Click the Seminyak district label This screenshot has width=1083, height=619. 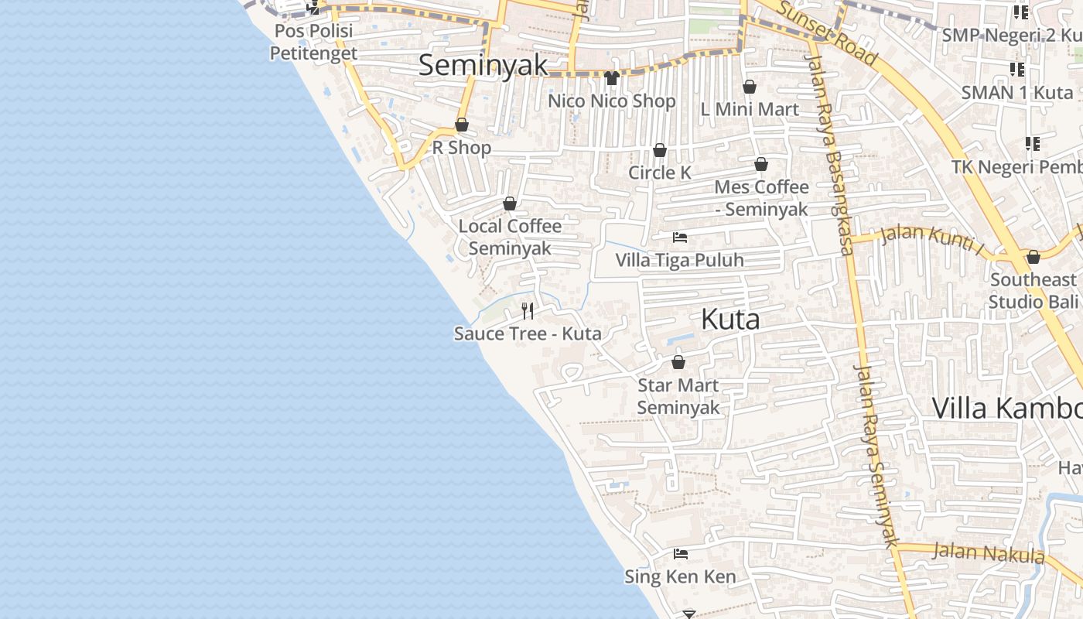tap(483, 65)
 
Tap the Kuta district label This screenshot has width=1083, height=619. tap(730, 319)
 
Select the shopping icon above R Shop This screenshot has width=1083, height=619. tap(462, 125)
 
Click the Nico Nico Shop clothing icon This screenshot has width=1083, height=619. tap(612, 77)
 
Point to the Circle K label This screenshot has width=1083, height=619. tap(660, 173)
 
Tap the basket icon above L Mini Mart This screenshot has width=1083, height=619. tap(749, 87)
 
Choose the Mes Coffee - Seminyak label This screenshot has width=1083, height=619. tap(761, 198)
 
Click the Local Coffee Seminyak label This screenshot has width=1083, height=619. tap(510, 237)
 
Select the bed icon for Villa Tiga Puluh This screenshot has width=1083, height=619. tap(680, 237)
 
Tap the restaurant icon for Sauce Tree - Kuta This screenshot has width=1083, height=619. tap(528, 311)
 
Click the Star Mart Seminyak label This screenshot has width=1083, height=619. tap(678, 396)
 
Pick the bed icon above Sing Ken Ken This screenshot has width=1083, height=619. tap(681, 553)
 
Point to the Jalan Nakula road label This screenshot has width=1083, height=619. tap(989, 553)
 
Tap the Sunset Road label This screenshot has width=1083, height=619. tap(827, 33)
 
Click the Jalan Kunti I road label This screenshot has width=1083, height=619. tap(931, 237)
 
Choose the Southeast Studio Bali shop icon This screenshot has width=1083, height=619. tap(1033, 257)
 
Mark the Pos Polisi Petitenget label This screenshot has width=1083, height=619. tap(313, 42)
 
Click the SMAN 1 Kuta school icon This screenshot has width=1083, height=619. tap(1017, 70)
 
